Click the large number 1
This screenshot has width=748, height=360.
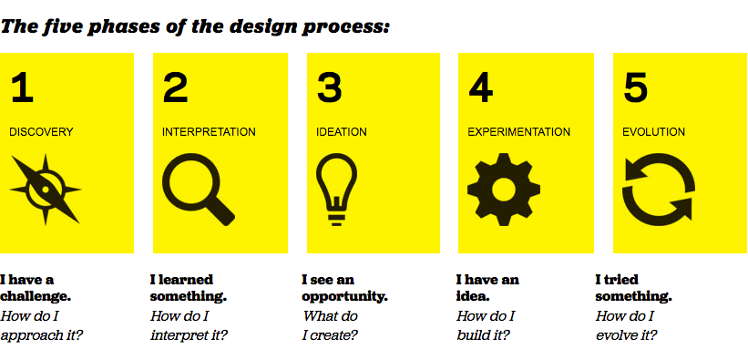[x=23, y=87]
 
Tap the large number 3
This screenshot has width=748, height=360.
[x=329, y=87]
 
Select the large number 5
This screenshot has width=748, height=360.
[x=635, y=87]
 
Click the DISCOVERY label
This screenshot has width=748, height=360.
[x=42, y=132]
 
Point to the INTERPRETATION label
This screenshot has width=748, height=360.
[x=209, y=132]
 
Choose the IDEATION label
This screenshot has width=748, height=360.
[x=342, y=132]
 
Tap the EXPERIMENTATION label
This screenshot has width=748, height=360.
[x=519, y=132]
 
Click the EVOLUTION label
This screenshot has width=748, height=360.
[x=653, y=132]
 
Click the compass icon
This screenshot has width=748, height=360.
[x=46, y=190]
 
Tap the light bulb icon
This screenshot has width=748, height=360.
[x=337, y=189]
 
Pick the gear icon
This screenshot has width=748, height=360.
[x=504, y=190]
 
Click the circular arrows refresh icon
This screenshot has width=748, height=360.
[x=659, y=190]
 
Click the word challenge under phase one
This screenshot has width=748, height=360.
[x=36, y=296]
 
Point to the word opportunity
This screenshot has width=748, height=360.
[x=345, y=297]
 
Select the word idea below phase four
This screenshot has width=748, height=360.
[x=473, y=296]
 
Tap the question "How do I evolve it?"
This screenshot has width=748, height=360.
[x=626, y=325]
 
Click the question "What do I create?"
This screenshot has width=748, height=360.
[x=330, y=325]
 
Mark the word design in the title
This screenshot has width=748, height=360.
[x=259, y=26]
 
